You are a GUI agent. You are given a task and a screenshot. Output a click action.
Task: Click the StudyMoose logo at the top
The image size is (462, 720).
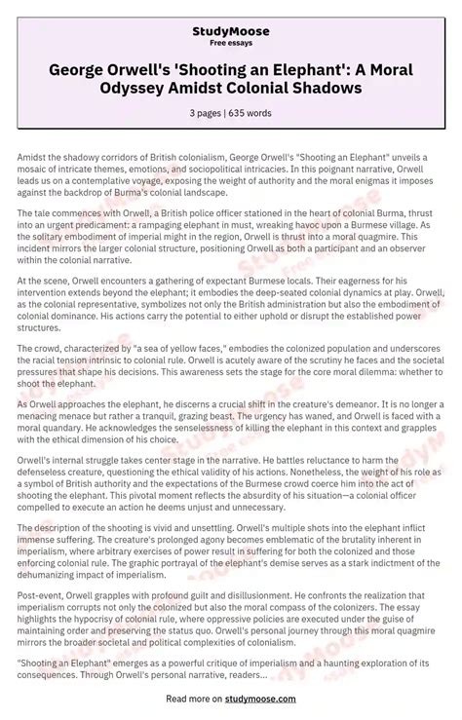click(230, 32)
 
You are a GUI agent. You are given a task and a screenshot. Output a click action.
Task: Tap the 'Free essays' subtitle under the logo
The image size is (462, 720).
click(230, 44)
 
